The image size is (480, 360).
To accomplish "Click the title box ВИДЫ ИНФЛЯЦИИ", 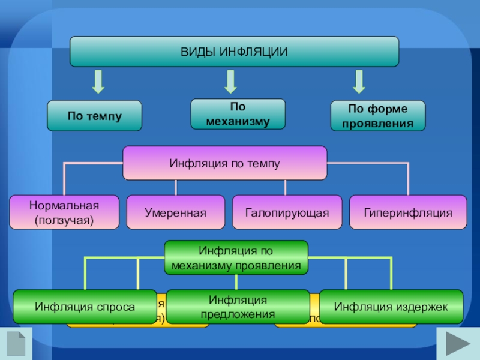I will point(234,52).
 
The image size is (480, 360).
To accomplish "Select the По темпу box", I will point(95,116).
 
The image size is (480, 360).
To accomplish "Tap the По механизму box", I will point(238,114).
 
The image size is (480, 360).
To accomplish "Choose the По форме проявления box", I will point(378,116).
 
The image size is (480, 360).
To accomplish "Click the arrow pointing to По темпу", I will point(98,81).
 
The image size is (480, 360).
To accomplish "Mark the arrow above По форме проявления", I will point(359,81).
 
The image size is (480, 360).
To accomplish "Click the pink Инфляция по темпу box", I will point(225,163).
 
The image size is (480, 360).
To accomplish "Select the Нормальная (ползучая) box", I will point(64,212).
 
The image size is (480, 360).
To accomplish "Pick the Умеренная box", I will point(175,212).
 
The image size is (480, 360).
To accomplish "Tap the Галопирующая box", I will point(287,212).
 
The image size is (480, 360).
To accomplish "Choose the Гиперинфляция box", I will point(407,212).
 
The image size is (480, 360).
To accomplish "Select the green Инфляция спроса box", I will point(85,307).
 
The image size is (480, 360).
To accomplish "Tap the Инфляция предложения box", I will point(238,307).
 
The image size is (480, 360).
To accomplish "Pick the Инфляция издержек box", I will point(391,307).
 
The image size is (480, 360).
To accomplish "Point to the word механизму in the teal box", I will point(238,121).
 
